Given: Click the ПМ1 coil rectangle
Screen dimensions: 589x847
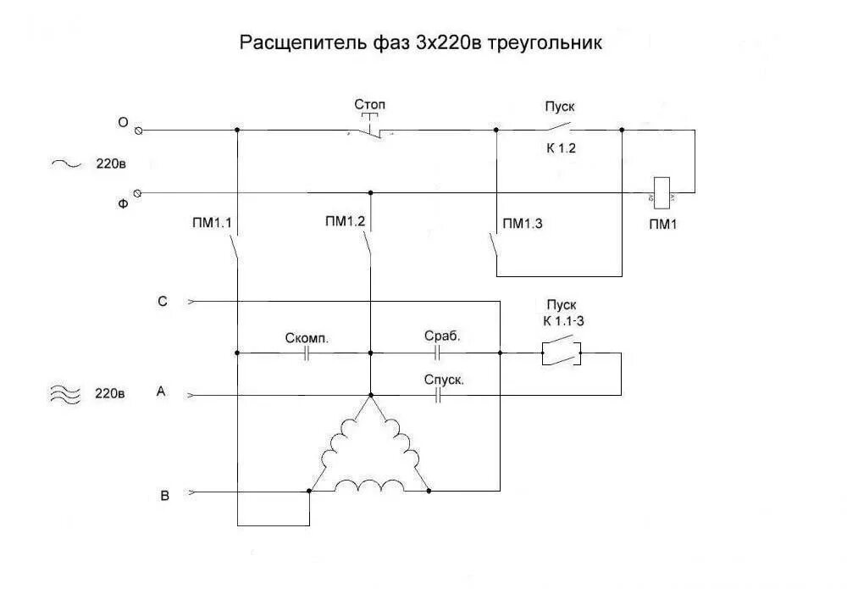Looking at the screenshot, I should (662, 191).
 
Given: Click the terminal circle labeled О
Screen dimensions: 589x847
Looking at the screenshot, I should (139, 131).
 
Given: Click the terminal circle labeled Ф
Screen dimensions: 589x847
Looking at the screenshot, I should (139, 193).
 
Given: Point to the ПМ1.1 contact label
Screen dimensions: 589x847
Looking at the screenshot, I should (212, 223).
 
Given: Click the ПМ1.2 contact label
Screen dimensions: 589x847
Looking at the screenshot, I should (345, 222).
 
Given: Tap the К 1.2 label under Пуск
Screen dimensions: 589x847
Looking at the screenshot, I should (560, 147).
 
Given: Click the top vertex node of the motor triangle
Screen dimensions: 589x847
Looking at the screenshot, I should (370, 395).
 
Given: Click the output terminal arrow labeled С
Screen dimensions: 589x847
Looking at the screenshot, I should (191, 301).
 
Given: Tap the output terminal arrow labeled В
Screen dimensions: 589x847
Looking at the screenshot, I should (191, 491).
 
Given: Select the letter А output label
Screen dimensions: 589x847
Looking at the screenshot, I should (161, 392).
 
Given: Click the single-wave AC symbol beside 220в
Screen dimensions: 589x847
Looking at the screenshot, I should (65, 164).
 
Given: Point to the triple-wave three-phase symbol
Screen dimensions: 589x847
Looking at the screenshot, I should (65, 393).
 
